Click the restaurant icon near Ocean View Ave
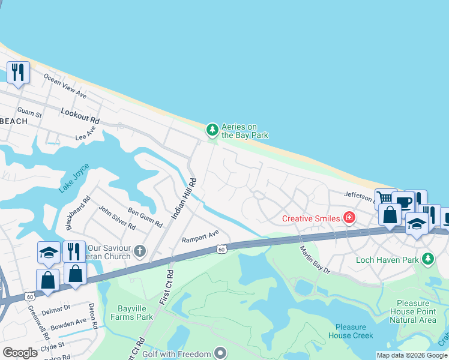coord(17,73)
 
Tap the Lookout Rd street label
coord(80,116)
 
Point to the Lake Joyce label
coord(74,178)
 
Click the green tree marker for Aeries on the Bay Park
coord(212,130)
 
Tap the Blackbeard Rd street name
coord(77,213)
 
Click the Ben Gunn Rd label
coord(145,217)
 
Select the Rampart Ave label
coord(200,236)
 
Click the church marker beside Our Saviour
coord(140,251)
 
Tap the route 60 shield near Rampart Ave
coord(221,249)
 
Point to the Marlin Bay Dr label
coord(315,259)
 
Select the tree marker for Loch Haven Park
coord(427,259)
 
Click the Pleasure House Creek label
coord(351,331)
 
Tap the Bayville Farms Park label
coord(131,313)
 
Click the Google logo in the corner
coord(20,353)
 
